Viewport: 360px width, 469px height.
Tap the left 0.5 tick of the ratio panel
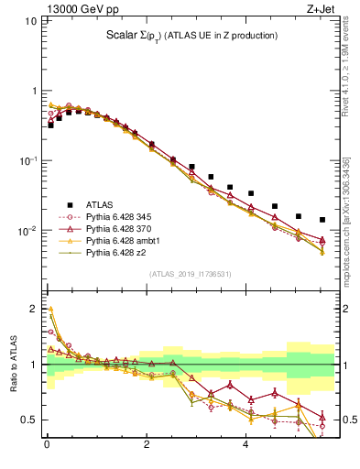[30, 420]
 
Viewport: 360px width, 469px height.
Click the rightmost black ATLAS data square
[322, 220]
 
